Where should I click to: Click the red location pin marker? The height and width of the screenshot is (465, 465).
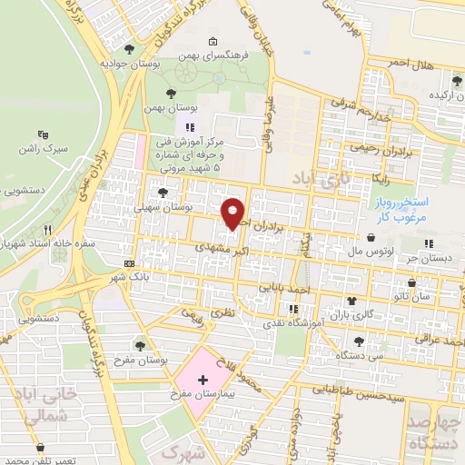point(234,213)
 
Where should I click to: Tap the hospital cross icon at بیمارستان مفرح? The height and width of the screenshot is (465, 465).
point(203,376)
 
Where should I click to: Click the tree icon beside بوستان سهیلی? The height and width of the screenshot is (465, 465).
point(163,193)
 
